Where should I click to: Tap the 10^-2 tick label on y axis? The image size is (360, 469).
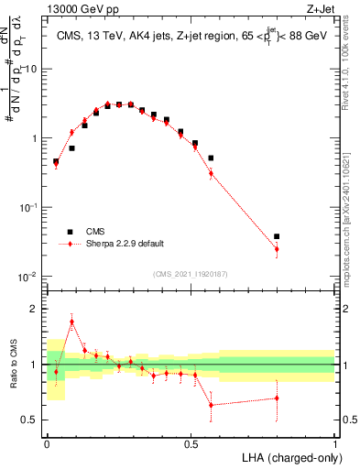coord(29,277)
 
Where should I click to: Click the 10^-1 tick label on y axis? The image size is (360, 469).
coord(29,208)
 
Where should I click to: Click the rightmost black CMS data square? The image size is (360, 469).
coord(277,236)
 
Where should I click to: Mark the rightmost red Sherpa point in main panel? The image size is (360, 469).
coord(277,249)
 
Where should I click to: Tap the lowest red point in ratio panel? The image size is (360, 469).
coord(212,405)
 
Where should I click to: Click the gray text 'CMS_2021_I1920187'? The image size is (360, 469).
coord(191,274)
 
